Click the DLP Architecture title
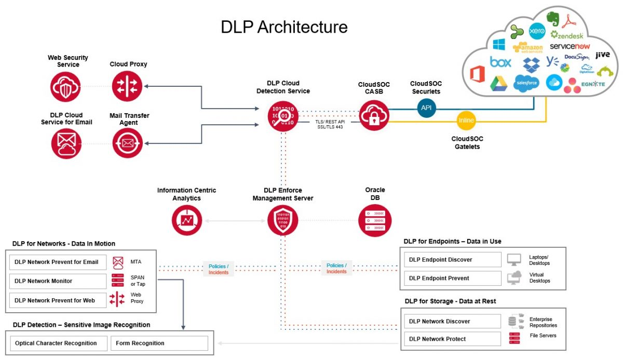point(284,27)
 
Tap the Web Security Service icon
point(66,86)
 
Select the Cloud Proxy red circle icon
point(127,86)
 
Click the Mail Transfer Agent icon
point(127,143)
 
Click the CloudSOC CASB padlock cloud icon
point(374,115)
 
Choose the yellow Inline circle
point(466,121)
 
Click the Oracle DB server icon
point(374,221)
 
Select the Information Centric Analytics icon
point(187,221)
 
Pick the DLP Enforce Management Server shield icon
point(283,221)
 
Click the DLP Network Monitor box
point(58,281)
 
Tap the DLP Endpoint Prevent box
point(453,278)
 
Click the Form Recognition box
point(159,343)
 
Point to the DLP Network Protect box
point(453,339)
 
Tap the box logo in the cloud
point(500,62)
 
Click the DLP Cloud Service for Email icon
point(66,143)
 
